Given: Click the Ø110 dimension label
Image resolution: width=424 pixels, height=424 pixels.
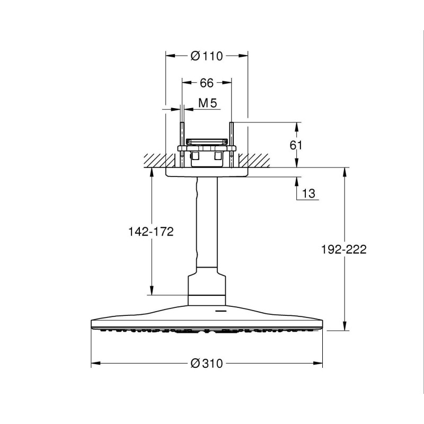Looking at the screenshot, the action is [x=207, y=56].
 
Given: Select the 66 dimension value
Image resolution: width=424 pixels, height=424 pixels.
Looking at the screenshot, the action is [x=207, y=83].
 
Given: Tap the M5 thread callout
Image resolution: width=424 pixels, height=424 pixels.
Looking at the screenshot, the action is [x=208, y=103].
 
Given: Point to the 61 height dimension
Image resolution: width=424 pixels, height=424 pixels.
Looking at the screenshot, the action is [x=296, y=145].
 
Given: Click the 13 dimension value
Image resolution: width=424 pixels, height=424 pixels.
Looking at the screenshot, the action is [x=308, y=193].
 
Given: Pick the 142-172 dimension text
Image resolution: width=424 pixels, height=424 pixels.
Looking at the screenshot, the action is [x=151, y=232].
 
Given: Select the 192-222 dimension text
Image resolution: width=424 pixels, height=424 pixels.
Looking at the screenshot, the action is [x=343, y=249].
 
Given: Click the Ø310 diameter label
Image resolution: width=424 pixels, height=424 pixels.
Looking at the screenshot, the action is [x=207, y=364].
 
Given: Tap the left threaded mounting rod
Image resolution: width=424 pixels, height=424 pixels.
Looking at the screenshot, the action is [x=182, y=145].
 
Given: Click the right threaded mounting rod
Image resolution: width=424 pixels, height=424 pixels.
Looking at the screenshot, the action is [x=232, y=145].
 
